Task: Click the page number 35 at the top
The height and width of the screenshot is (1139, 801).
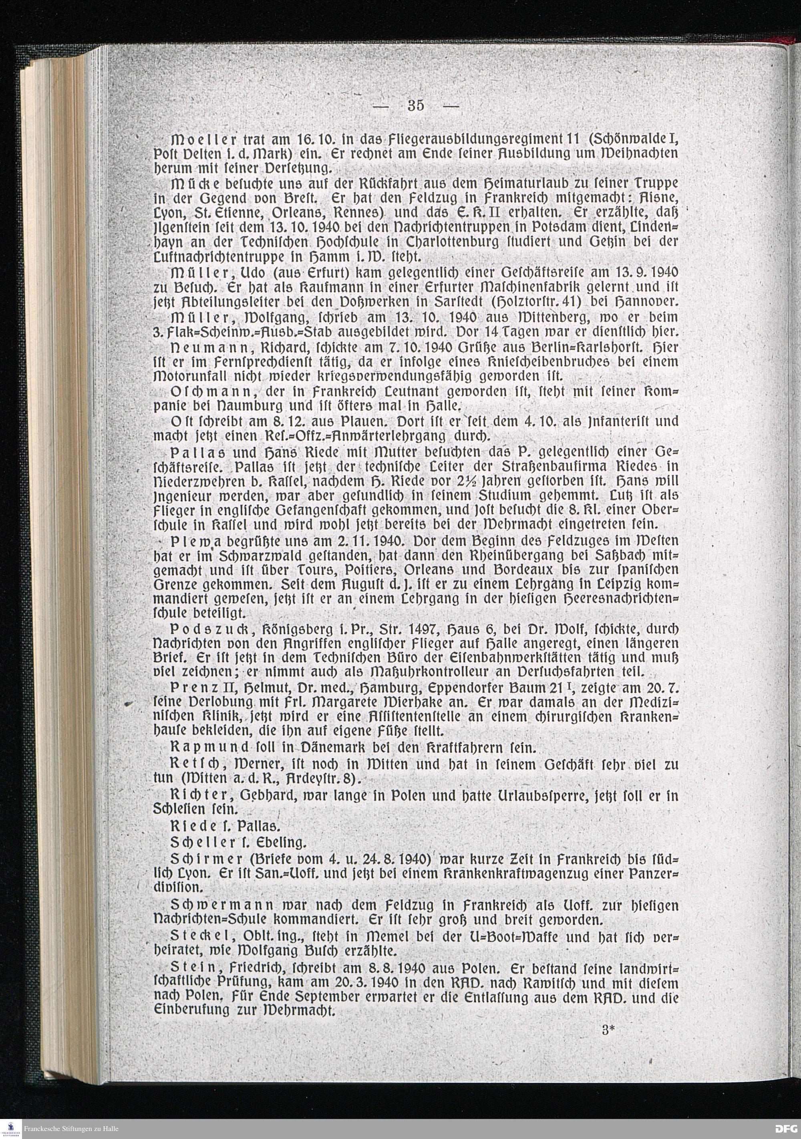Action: [x=416, y=105]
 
